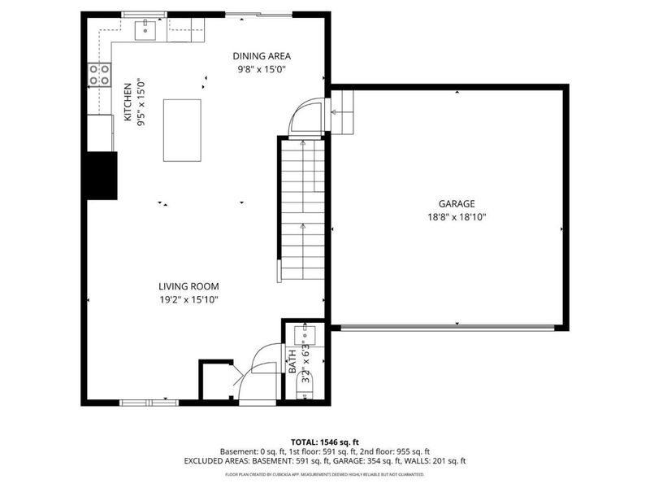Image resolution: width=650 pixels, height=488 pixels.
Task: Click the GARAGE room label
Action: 457,204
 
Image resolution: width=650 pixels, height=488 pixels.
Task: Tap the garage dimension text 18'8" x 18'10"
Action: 457,217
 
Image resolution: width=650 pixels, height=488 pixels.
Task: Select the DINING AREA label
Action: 262,56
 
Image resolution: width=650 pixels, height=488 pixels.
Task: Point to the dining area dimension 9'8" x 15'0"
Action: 262,69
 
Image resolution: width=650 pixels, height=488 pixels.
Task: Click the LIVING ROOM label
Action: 188,286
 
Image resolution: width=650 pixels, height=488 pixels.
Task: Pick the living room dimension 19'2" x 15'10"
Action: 188,299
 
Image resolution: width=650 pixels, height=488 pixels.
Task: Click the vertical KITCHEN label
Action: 128,102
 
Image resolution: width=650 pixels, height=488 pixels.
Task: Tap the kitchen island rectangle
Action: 183,130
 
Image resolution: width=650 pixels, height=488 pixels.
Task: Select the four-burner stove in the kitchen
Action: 99,75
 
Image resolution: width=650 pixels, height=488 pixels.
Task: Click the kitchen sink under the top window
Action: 145,29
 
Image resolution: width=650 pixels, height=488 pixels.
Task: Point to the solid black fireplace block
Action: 102,175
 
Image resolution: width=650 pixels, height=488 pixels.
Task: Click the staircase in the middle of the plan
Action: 302,207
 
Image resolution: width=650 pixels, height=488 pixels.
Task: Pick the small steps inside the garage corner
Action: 344,111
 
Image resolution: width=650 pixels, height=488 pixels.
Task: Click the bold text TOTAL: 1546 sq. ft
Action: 324,440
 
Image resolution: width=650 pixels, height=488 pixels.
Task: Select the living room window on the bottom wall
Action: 148,402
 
